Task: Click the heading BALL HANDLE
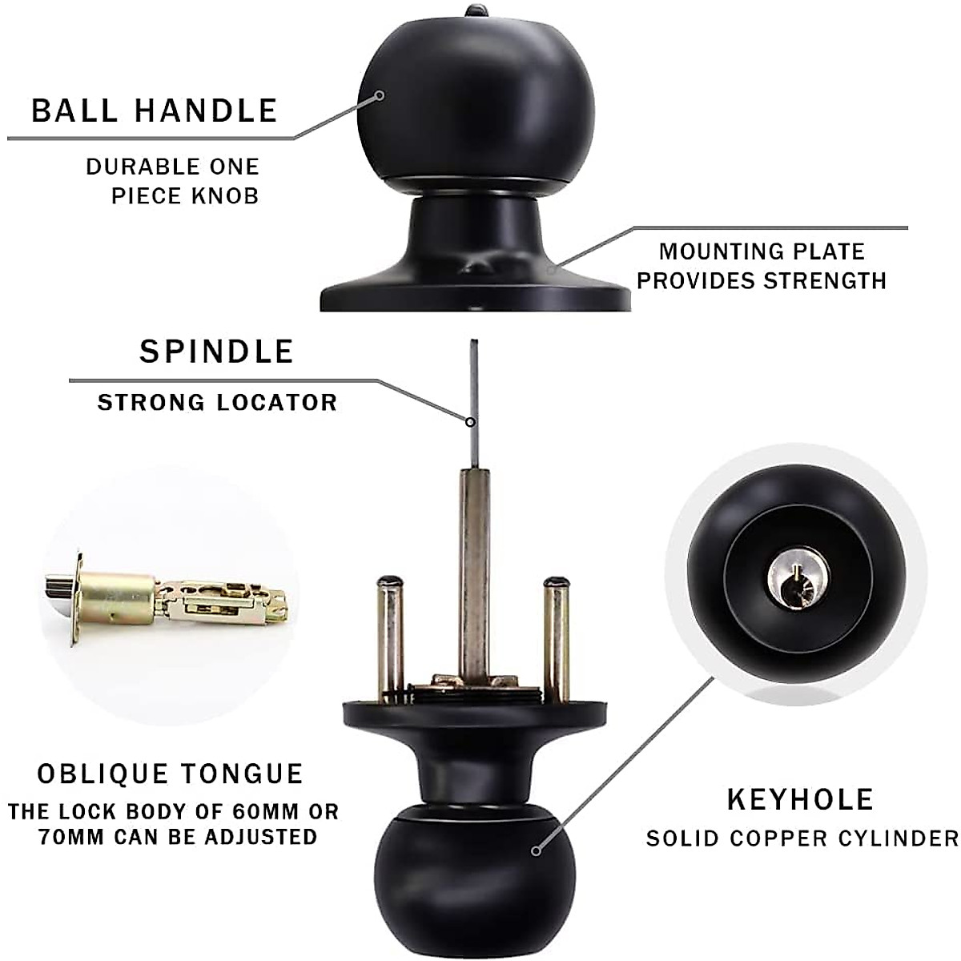(x=155, y=111)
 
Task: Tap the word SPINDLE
(x=217, y=352)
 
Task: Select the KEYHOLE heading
(x=799, y=799)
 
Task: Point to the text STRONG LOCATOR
(x=217, y=402)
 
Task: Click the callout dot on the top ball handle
(x=380, y=96)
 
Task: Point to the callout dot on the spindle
(x=472, y=421)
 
